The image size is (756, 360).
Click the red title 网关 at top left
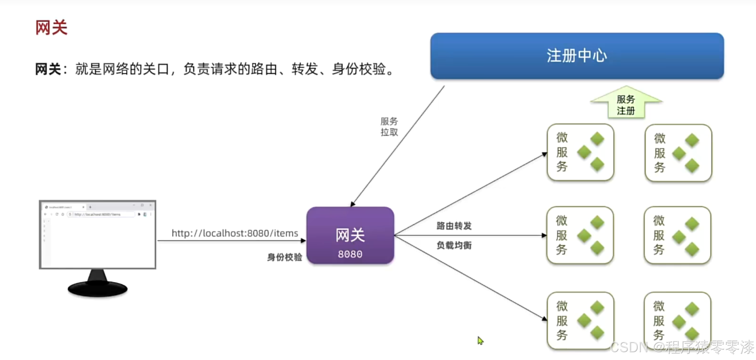pos(51,28)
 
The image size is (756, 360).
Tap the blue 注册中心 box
pos(577,56)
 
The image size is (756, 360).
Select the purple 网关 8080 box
pos(350,235)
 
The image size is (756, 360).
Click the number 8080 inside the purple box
pos(350,254)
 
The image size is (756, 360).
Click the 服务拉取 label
pos(389,127)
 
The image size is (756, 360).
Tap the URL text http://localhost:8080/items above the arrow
pos(235,233)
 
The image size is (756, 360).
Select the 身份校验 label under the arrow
pos(284,257)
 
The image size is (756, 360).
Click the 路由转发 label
pos(454,226)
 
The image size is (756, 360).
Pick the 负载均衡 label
pos(454,245)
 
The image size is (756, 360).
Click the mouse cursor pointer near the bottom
pos(480,340)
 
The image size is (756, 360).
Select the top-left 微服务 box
pos(580,152)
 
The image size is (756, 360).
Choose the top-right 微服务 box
pos(678,153)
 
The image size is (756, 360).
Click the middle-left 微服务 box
pos(580,235)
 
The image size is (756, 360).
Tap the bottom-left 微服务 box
pos(580,320)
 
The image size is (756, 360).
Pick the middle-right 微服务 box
pos(677,235)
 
